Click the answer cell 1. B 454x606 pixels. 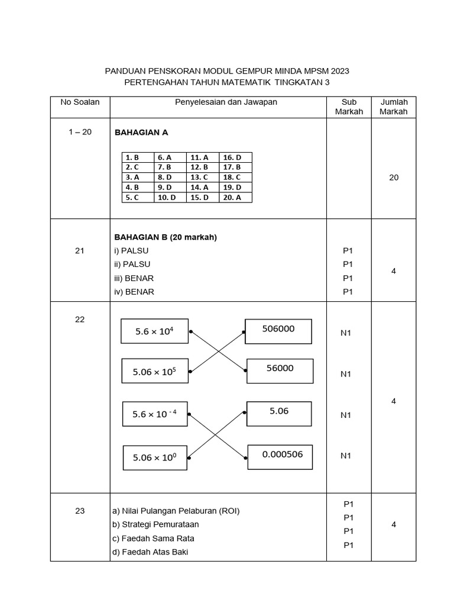(138, 157)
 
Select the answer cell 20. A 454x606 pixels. (236, 198)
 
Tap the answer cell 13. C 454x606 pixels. (203, 178)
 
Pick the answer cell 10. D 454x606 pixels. (170, 198)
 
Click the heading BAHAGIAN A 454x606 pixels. (141, 133)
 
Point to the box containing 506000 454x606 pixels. (278, 331)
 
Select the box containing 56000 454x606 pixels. (280, 370)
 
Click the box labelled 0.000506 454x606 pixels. (280, 457)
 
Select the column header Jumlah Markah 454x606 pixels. (394, 107)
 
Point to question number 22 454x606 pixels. (80, 320)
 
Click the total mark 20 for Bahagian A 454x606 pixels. (394, 178)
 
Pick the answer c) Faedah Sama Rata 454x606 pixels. (153, 539)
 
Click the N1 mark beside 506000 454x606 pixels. (346, 333)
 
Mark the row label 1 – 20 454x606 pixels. (80, 133)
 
